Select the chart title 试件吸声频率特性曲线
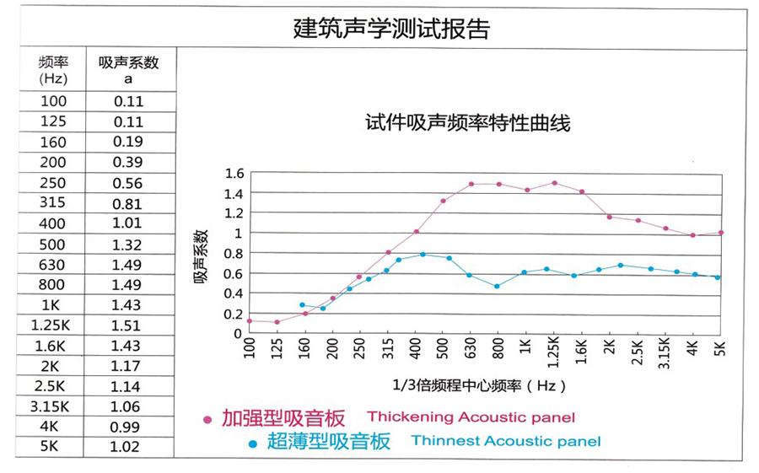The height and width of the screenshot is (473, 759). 467,123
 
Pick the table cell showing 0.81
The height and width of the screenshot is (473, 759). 129,203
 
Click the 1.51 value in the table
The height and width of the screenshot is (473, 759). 129,325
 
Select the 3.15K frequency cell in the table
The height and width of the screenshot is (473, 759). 53,406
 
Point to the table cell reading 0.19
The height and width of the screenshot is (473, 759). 129,142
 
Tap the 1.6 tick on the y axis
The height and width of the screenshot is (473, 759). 234,174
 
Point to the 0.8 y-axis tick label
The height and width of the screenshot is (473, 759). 234,253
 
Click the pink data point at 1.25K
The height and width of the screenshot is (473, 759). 554,183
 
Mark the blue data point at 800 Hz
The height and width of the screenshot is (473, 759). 498,287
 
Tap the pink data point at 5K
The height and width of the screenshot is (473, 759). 721,233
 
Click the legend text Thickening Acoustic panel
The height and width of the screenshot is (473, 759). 471,417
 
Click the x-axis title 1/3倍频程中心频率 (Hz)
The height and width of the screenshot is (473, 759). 479,385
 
